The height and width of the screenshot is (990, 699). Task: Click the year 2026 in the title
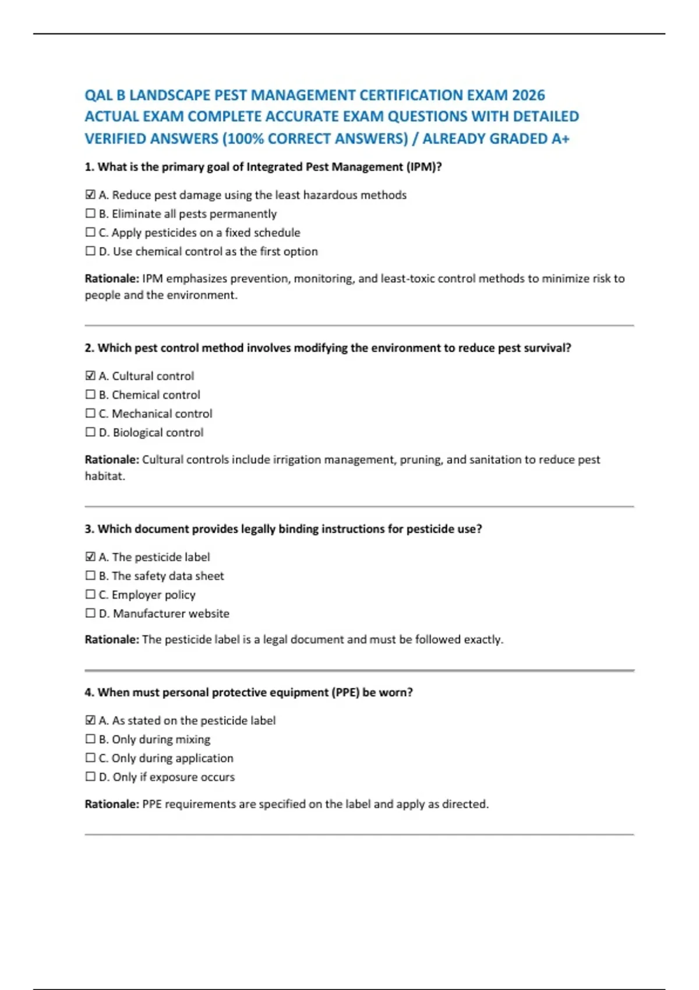tap(528, 95)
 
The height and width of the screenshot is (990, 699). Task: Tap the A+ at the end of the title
tap(559, 139)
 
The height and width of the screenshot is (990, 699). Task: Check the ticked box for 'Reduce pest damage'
tap(90, 195)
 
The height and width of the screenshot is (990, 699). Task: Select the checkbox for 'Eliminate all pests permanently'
tap(90, 214)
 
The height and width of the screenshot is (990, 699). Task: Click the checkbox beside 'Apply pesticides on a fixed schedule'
tap(90, 232)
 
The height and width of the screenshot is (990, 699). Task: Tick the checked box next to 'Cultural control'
tap(90, 376)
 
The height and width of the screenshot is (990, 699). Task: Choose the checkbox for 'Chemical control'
tap(90, 395)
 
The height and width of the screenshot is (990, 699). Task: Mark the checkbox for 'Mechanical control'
tap(90, 413)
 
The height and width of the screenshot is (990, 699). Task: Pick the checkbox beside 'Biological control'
tap(90, 432)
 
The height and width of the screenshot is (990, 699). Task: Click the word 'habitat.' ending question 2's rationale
tap(105, 476)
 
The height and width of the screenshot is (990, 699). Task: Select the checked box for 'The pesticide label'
tap(90, 557)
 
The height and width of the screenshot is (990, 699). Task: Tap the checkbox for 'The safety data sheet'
tap(90, 576)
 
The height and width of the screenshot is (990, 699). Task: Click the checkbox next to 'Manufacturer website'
tap(90, 613)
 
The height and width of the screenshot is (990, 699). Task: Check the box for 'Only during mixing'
tap(90, 739)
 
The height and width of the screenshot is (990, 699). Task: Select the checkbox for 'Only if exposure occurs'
tap(90, 777)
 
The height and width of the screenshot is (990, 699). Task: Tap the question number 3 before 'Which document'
tap(89, 529)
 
